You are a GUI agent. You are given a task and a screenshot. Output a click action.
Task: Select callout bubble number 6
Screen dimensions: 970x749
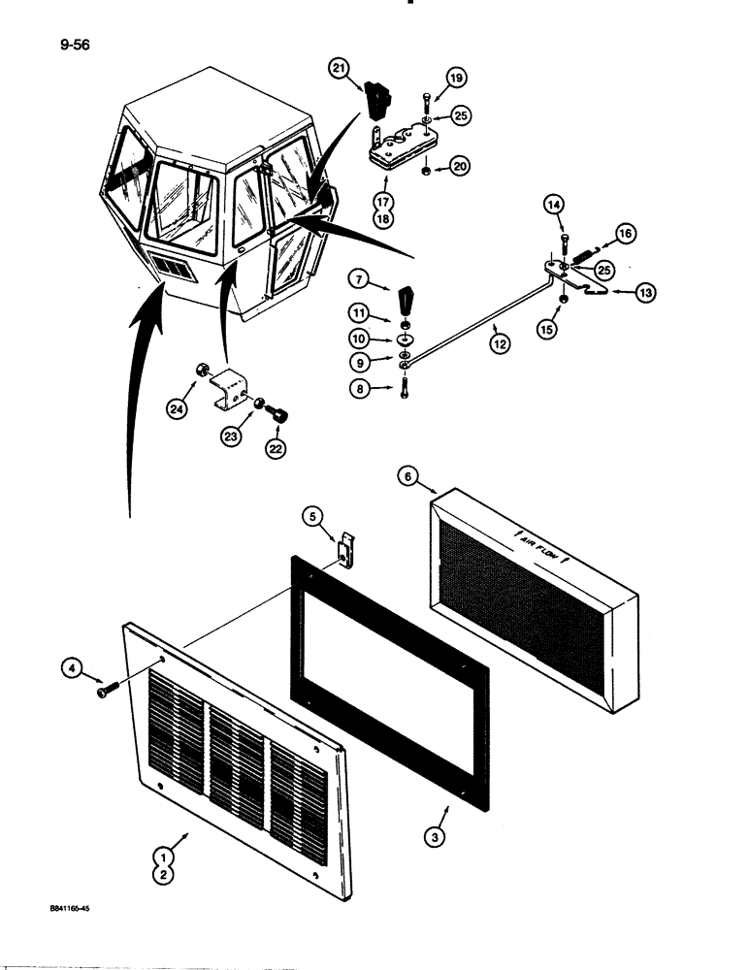(408, 476)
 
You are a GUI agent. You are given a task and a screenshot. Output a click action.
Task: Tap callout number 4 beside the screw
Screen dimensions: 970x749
(71, 667)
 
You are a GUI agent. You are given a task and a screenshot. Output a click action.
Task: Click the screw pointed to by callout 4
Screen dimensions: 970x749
(105, 692)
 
